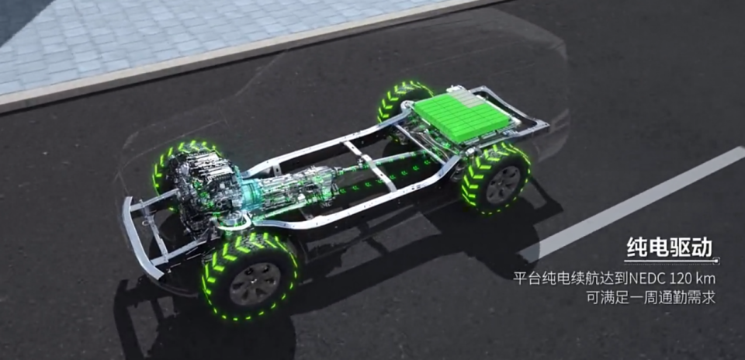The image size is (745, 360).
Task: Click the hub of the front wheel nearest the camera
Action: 248,283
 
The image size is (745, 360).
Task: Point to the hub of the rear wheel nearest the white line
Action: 503,185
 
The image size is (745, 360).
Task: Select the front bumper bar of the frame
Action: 139,237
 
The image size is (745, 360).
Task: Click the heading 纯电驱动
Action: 670,247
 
